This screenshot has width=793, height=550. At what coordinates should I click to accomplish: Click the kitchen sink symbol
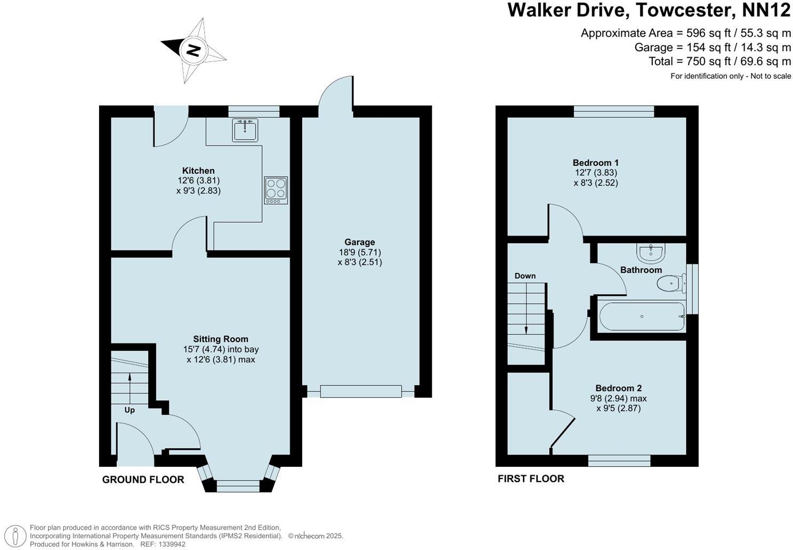pos(245,130)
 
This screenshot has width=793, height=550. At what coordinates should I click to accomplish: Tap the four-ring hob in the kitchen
pos(276,190)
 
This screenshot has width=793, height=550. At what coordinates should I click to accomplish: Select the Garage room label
pos(359,242)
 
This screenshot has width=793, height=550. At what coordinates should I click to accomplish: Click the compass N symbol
pos(193,51)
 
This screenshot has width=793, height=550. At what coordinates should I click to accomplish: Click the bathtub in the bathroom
pos(642,317)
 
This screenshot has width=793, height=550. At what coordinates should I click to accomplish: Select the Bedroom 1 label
pos(595,163)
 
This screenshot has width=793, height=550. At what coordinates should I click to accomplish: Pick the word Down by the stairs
pos(524,276)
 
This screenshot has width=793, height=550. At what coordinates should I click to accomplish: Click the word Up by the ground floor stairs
pos(130,410)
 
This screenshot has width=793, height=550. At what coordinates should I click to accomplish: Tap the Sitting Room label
pos(221,339)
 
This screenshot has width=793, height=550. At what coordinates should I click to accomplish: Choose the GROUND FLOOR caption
pos(143,480)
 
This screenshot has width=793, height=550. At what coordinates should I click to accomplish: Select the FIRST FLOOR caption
pos(530,479)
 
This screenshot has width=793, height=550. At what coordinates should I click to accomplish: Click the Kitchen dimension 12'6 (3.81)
pos(199,181)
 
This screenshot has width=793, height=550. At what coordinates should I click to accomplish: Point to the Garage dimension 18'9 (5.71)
pos(359,252)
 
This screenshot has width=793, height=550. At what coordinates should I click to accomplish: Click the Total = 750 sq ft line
pos(719,61)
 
